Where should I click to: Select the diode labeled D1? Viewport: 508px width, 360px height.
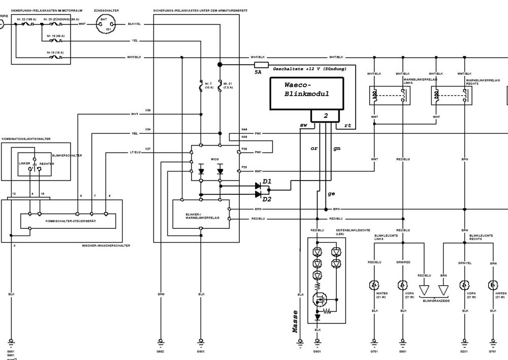point(258,186)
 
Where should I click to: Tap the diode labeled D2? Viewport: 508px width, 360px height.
point(258,194)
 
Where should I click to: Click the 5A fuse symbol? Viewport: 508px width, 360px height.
point(261,65)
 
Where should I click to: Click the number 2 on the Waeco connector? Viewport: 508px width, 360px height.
point(326,116)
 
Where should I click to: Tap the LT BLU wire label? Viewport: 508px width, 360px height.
point(134,152)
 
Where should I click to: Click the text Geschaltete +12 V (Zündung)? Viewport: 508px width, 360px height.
point(310,68)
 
